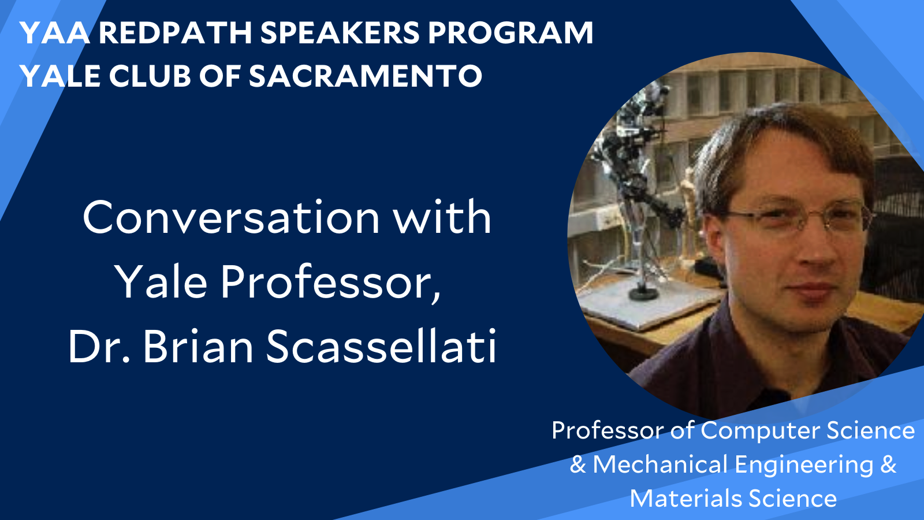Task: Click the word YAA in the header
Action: (55, 33)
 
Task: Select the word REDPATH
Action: (175, 33)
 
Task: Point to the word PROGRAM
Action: (511, 33)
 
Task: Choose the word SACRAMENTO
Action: (365, 76)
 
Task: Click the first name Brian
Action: (198, 347)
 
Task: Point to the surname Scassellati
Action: (381, 347)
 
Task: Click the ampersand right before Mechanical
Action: (578, 465)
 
